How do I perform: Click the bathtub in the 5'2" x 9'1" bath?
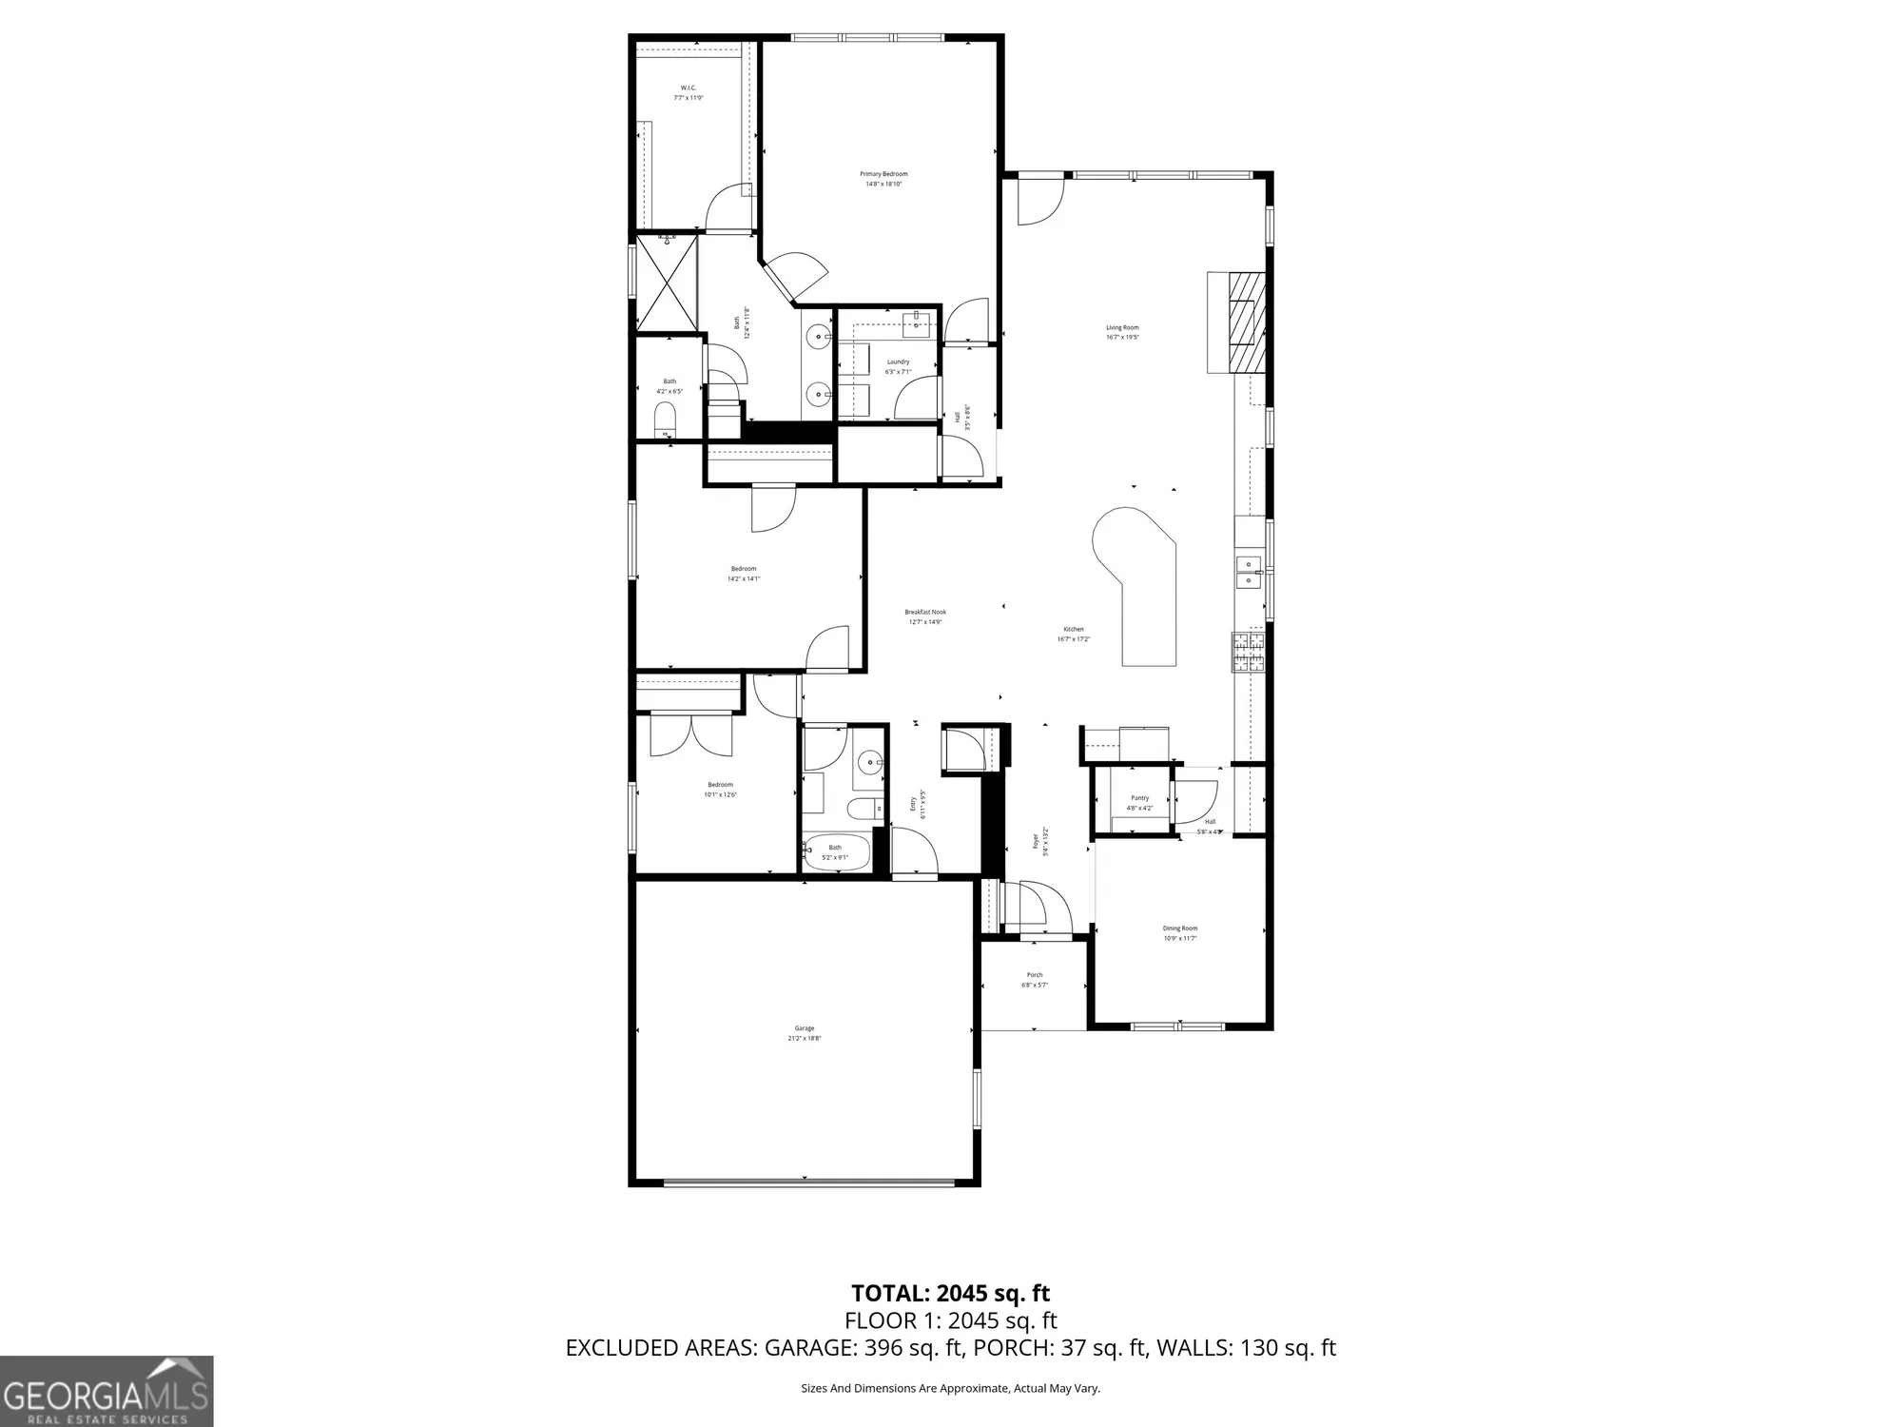836,852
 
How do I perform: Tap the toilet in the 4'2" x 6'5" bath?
666,418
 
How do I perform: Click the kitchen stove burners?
1249,652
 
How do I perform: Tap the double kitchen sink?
1249,571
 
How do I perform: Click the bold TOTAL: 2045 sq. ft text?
950,1293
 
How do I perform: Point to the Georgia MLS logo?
106,1391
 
